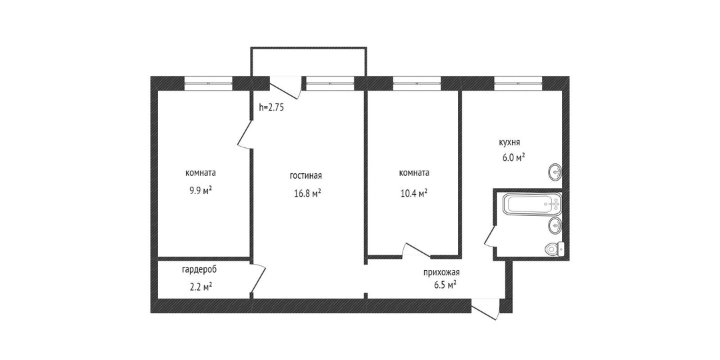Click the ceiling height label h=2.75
(x=272, y=108)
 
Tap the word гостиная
(x=306, y=176)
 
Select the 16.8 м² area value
(x=307, y=194)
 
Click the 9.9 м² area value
(x=201, y=191)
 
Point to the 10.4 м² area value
(x=414, y=193)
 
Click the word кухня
(x=510, y=143)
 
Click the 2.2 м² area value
(x=200, y=287)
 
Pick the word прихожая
(x=441, y=272)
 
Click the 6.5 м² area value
(x=444, y=285)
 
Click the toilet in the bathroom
(x=554, y=249)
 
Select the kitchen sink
(x=555, y=172)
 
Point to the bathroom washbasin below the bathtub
(x=555, y=225)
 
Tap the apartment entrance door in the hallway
(x=485, y=309)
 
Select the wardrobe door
(x=258, y=279)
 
